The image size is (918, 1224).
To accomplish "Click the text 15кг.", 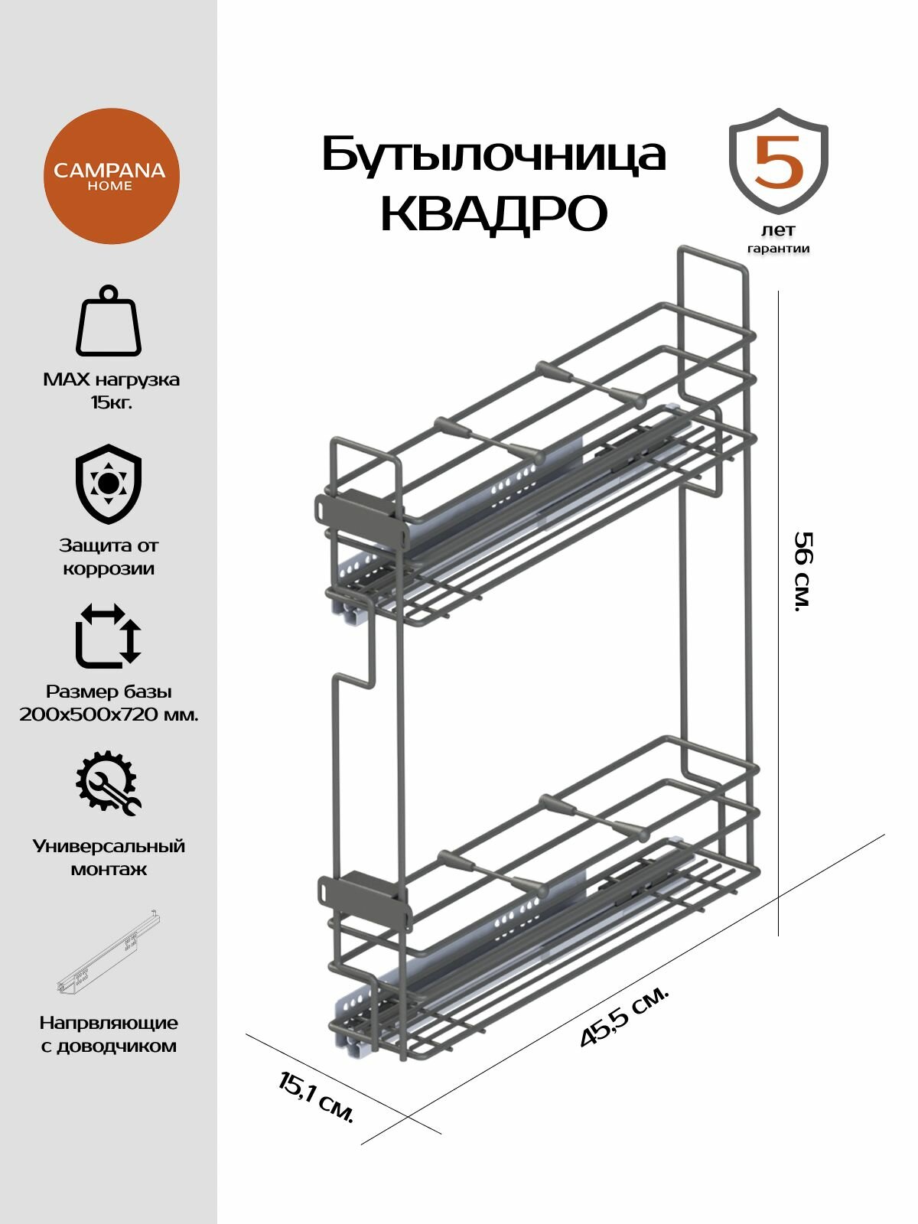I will (110, 402).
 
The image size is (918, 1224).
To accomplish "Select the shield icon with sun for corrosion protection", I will (109, 483).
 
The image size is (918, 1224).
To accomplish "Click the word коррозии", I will (109, 569).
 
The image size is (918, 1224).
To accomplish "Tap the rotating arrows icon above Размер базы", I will (109, 634).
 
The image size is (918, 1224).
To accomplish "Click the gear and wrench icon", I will (109, 783).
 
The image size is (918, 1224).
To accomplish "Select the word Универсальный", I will (109, 846).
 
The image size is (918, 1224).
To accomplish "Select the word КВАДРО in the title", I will (493, 213).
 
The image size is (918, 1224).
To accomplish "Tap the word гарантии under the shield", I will (779, 249).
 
